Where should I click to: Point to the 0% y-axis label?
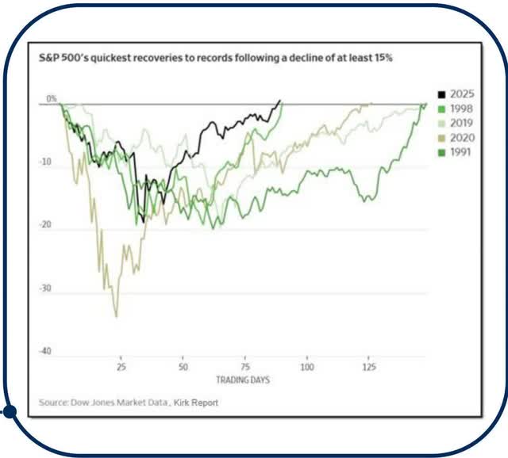pyautogui.click(x=52, y=99)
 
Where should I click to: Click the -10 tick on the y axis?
pyautogui.click(x=46, y=162)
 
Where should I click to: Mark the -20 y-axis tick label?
pyautogui.click(x=46, y=225)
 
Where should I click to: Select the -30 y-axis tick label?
pyautogui.click(x=46, y=288)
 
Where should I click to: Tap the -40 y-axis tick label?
pyautogui.click(x=46, y=351)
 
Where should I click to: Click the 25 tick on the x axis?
pyautogui.click(x=121, y=368)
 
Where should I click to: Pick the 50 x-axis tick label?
pyautogui.click(x=183, y=368)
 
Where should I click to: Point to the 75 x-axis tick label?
pyautogui.click(x=245, y=368)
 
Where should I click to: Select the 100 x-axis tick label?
pyautogui.click(x=307, y=368)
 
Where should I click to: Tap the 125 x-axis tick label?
pyautogui.click(x=369, y=368)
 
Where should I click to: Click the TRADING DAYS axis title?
pyautogui.click(x=243, y=380)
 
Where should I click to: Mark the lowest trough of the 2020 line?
pyautogui.click(x=117, y=316)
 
